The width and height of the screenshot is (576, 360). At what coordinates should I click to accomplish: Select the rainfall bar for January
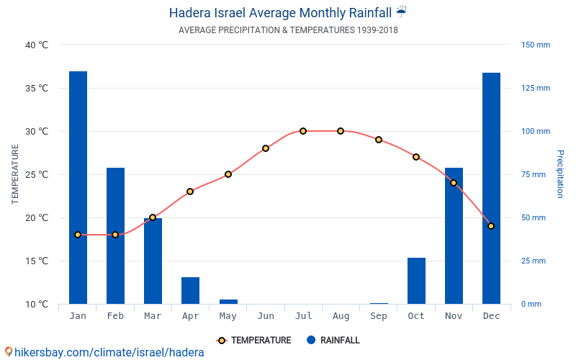(78, 187)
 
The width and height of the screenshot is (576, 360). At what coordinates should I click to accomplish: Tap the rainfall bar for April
(190, 290)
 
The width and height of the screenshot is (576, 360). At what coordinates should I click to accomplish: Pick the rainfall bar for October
(416, 281)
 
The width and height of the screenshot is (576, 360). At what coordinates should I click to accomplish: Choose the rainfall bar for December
(491, 187)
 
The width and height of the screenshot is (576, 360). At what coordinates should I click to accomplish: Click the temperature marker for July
(303, 131)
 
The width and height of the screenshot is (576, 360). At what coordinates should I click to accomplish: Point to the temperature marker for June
(266, 148)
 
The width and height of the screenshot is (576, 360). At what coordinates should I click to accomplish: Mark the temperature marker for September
(379, 140)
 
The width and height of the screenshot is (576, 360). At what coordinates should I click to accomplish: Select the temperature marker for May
(228, 174)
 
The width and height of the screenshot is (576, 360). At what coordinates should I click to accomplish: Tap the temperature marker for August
(341, 131)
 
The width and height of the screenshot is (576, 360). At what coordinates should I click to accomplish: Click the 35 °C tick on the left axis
(36, 88)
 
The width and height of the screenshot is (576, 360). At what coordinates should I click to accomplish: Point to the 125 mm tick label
(535, 88)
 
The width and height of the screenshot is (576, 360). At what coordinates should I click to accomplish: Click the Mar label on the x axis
(153, 316)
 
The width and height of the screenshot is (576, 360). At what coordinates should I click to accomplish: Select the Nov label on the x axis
(454, 316)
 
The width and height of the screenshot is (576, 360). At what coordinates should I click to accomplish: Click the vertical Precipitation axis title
(559, 174)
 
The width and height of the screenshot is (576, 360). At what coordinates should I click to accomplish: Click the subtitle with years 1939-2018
(288, 30)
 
